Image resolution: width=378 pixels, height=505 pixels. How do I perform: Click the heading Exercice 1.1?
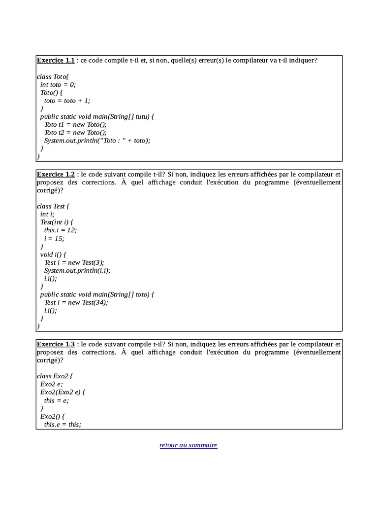(x=56, y=61)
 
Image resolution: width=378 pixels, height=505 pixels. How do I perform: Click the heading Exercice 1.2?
(x=56, y=175)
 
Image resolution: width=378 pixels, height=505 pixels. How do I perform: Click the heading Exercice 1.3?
(x=56, y=344)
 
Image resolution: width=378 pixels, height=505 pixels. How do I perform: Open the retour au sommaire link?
(x=189, y=445)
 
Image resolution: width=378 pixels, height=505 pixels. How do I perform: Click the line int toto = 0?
(x=58, y=84)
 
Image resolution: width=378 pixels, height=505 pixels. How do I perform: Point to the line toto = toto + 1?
(x=67, y=100)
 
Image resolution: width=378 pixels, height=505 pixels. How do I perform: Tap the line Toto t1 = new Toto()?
(x=75, y=124)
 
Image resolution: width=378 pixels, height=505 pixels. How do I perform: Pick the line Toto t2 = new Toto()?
(x=75, y=132)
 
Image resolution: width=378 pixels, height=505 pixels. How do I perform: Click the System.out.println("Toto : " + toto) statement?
(x=97, y=140)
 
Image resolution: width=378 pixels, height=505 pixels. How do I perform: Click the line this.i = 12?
(x=61, y=230)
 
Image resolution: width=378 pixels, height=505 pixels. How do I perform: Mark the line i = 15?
(x=54, y=238)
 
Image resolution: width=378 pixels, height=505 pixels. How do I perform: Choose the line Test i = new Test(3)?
(x=74, y=262)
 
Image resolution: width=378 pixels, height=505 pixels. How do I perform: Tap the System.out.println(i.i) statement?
(x=77, y=270)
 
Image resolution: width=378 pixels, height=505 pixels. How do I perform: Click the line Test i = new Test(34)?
(x=76, y=302)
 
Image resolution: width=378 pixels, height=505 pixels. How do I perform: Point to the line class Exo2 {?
(x=55, y=376)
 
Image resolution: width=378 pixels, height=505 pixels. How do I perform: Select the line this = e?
(x=57, y=400)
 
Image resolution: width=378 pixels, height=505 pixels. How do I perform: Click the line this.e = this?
(x=63, y=424)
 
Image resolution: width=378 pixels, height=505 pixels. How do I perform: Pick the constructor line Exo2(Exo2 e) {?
(x=65, y=392)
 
